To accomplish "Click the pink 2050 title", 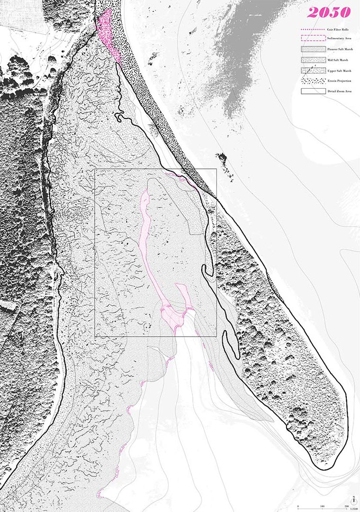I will click(329, 12).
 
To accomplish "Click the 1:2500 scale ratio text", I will click(353, 509).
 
